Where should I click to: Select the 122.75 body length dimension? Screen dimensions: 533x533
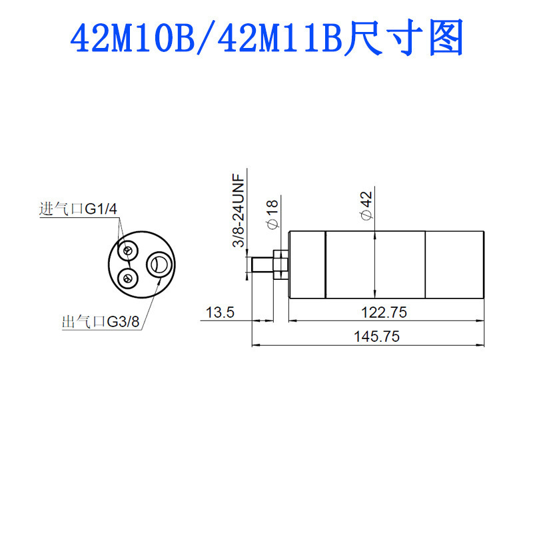382,312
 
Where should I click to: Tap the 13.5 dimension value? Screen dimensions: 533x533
220,312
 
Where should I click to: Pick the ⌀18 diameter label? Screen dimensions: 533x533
272,215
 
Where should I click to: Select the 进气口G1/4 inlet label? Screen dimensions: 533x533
78,209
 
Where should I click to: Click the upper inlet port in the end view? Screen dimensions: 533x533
127,251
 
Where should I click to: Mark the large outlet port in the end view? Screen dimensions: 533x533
159,264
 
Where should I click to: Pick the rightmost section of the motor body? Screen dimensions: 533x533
454,264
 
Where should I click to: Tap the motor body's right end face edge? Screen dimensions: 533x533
484,264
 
